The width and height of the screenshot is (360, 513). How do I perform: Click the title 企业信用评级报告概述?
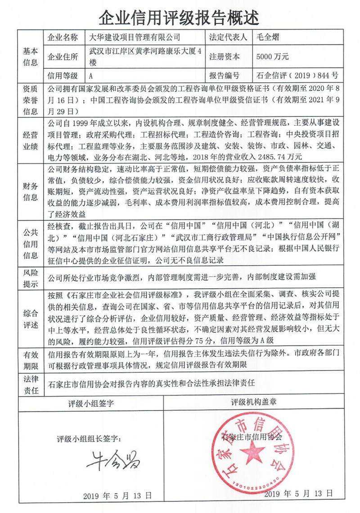click(x=180, y=18)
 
